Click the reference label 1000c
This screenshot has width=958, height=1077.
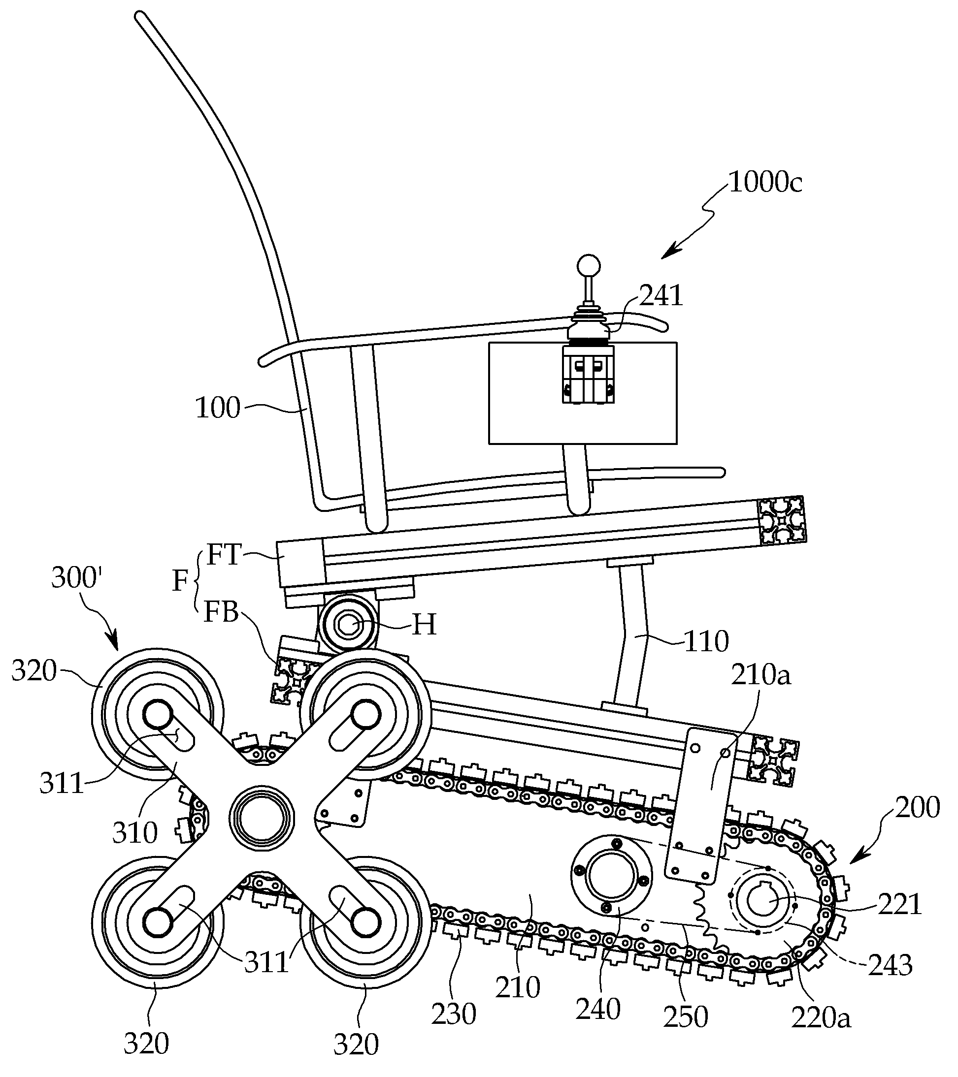coord(765,183)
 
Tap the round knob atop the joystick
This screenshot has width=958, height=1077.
coord(589,264)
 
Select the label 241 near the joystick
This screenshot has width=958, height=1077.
coord(661,296)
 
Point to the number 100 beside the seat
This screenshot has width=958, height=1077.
coord(218,408)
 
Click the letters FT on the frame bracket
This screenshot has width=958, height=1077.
coord(224,555)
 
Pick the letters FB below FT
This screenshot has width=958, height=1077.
coord(222,612)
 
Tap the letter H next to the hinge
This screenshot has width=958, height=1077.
coord(425,626)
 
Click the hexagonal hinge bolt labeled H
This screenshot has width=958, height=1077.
coord(347,626)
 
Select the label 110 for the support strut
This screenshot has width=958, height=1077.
coord(706,642)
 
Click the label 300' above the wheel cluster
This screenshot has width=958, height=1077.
coord(76,578)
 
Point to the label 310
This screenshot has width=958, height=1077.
coord(135,832)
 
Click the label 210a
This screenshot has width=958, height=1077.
coord(761,674)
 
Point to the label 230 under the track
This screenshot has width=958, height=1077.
coord(454,1013)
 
